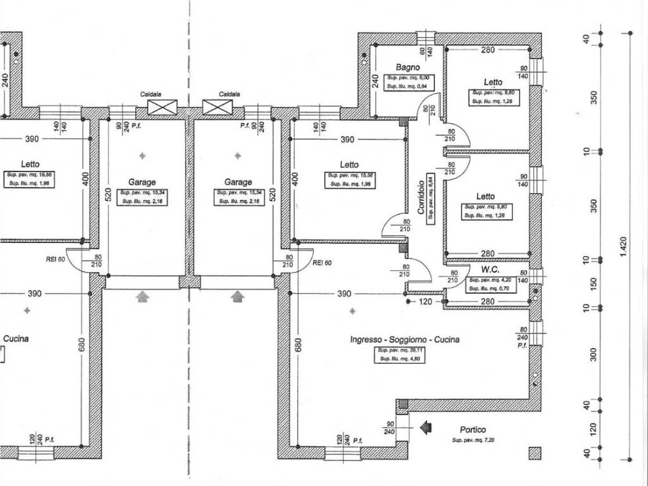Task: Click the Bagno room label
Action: pos(408,66)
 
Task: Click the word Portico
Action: pos(473,430)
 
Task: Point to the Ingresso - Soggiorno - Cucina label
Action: pos(405,339)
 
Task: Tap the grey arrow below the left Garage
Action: pos(142,296)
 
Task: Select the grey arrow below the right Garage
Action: pos(237,296)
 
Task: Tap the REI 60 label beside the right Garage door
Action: pos(322,262)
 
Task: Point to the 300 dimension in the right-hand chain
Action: pos(594,354)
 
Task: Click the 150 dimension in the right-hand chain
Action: pos(594,283)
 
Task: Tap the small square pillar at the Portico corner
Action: pos(535,453)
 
